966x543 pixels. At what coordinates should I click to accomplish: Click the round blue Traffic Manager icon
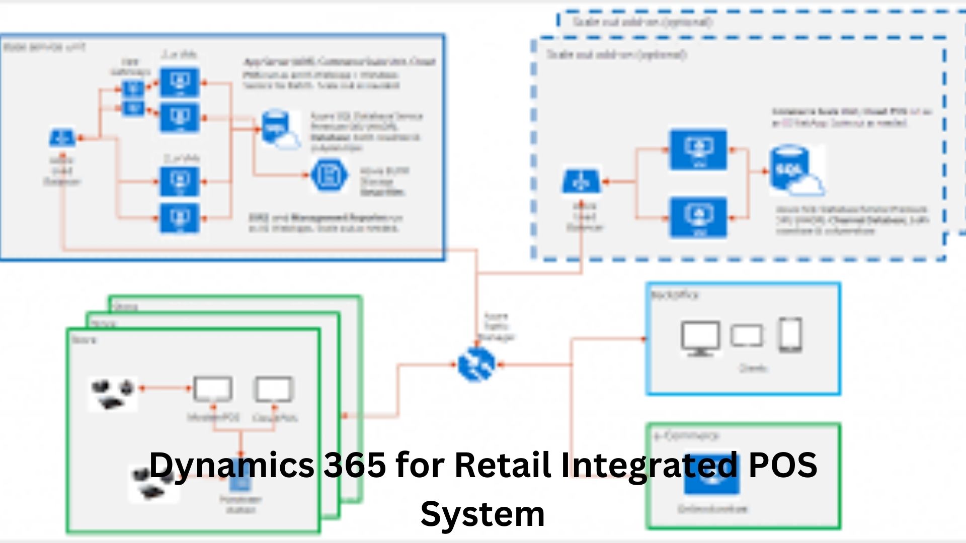coord(476,365)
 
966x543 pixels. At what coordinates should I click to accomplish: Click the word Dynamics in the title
coord(232,465)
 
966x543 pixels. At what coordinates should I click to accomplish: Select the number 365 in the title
coord(354,465)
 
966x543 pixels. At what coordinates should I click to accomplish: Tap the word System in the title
coord(482,514)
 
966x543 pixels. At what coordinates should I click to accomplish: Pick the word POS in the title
coord(782,465)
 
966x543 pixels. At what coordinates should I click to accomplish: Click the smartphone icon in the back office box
coord(790,334)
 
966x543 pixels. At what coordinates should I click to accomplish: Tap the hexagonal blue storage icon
coord(329,175)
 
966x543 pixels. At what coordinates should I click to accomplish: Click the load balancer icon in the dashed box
coord(581,181)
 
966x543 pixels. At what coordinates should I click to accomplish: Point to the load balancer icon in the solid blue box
coord(62,137)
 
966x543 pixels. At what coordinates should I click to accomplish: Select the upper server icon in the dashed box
coord(698,149)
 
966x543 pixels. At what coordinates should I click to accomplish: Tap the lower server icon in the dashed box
coord(698,217)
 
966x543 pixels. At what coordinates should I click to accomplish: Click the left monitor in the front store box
coord(213,389)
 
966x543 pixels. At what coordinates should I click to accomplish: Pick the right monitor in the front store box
coord(273,389)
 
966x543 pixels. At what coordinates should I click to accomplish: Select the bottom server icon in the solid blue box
coord(180,218)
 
